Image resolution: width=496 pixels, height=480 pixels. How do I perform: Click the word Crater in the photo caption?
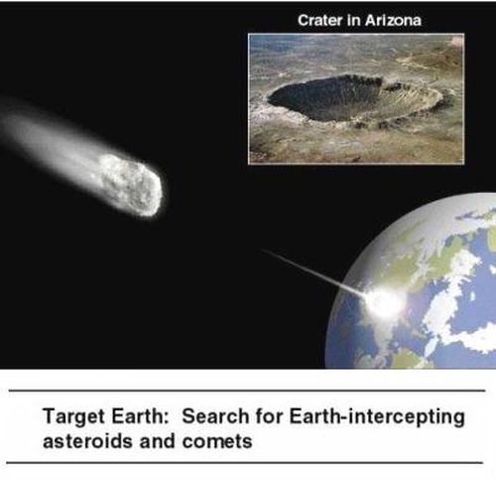pos(320,20)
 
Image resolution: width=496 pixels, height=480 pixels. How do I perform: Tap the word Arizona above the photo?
pos(393,20)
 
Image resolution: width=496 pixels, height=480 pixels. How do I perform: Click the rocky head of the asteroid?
pos(132,185)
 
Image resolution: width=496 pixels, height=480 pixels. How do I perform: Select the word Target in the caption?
pos(74,417)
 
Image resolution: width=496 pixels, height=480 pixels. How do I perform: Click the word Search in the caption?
pos(215,416)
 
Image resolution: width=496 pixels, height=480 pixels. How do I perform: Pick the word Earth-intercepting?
pos(377,417)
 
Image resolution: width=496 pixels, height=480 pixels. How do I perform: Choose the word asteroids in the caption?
pos(88,441)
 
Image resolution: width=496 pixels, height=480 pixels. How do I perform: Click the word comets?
pos(217,442)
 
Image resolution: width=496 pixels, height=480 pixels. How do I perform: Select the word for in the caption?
pos(269,416)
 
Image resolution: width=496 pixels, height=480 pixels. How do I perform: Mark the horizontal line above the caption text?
pos(247,391)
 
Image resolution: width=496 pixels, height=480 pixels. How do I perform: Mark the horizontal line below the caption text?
pos(245,462)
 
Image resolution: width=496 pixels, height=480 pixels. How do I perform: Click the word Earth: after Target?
pos(140,416)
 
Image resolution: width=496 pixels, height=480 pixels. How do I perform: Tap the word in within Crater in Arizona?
pos(354,20)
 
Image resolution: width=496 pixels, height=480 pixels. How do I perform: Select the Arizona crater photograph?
pos(356,98)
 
